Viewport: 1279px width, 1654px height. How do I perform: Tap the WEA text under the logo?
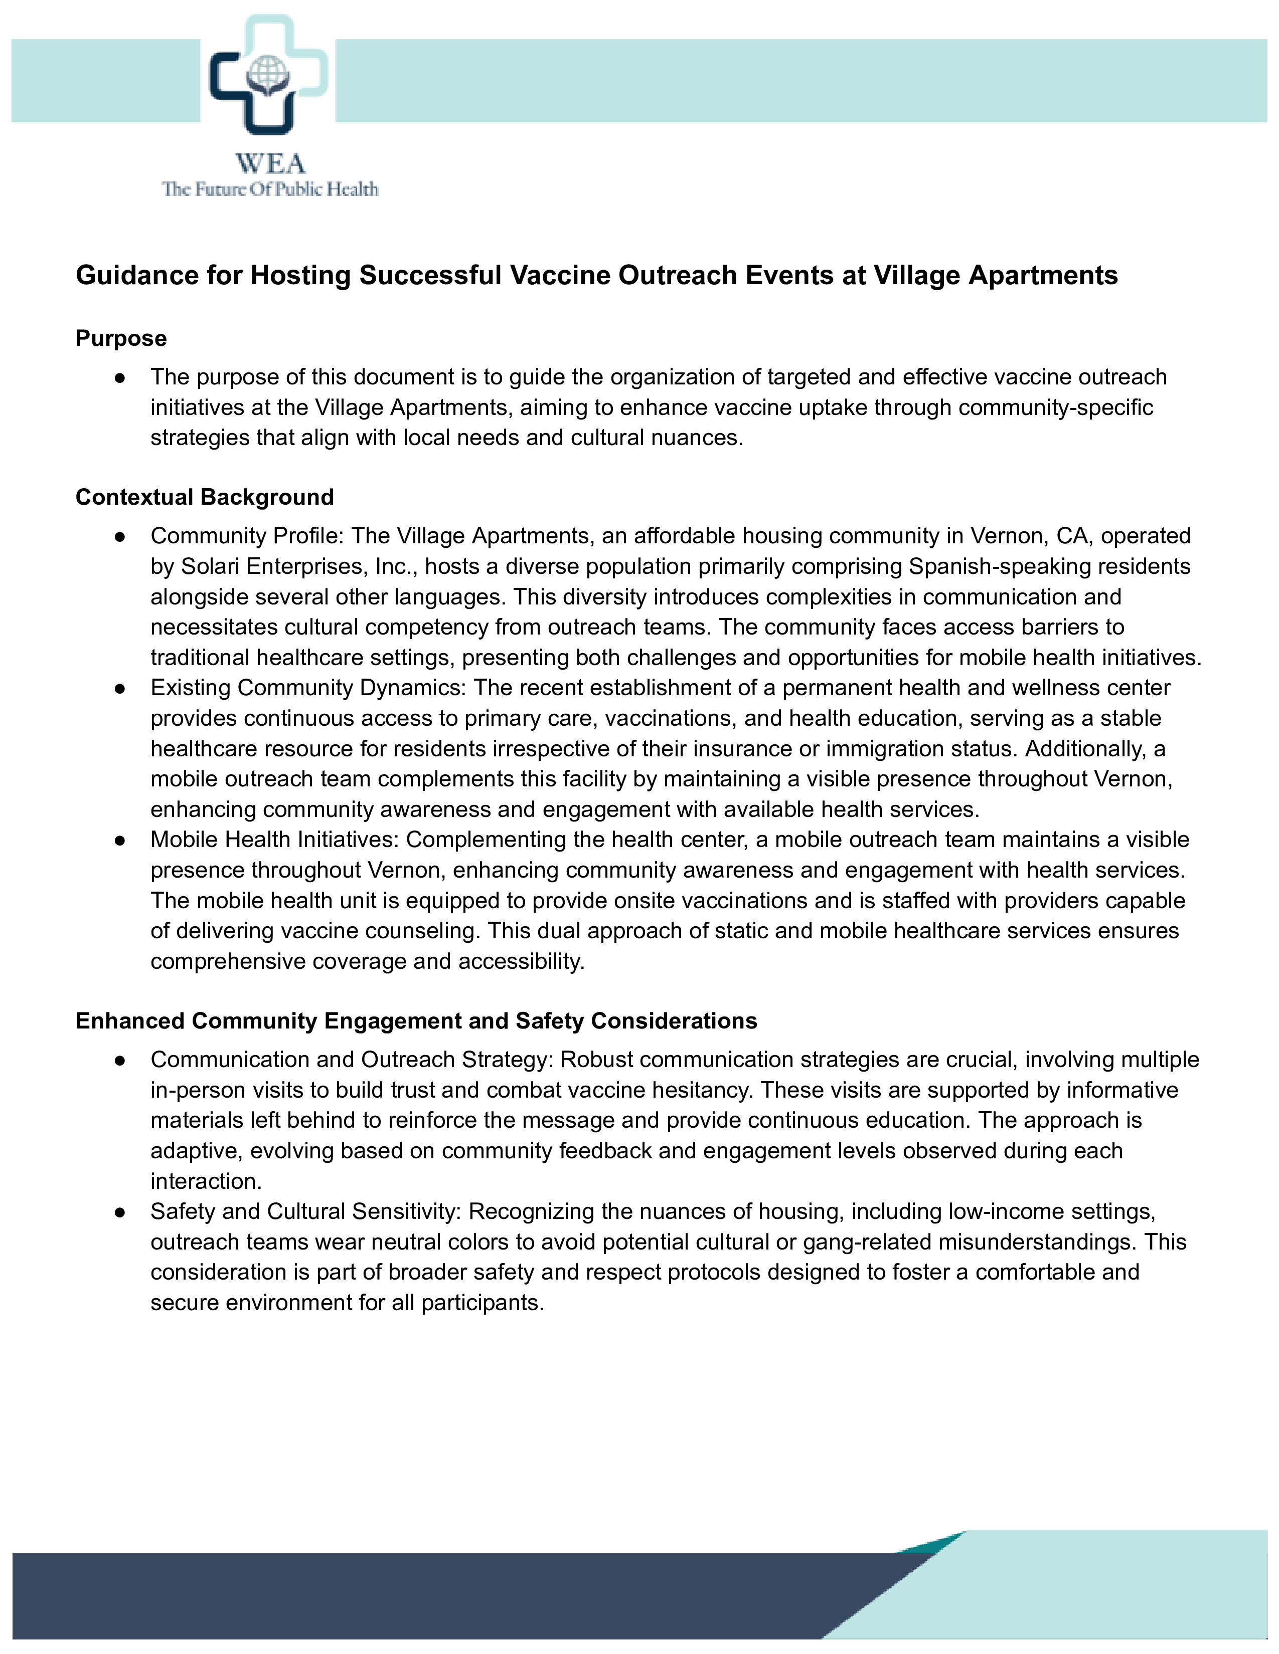[x=270, y=163]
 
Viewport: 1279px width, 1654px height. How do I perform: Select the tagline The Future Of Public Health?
[x=270, y=189]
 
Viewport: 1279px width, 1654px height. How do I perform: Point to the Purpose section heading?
[x=121, y=338]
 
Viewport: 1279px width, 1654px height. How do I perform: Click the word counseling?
[x=415, y=931]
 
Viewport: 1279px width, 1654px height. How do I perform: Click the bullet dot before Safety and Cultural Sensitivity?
[x=120, y=1212]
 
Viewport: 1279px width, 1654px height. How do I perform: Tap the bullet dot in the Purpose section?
[x=120, y=377]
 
